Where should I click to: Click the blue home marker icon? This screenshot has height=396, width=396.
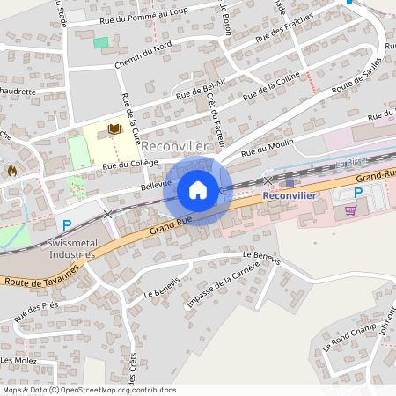click(198, 189)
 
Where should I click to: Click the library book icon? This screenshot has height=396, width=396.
click(114, 129)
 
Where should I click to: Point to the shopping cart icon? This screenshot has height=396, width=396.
click(351, 209)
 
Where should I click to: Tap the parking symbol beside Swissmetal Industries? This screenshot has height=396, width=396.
click(67, 225)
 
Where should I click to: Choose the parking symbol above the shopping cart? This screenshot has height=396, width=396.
click(358, 192)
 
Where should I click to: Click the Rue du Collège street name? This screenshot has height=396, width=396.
click(129, 164)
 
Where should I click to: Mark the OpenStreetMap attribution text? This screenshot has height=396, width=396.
click(89, 389)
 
